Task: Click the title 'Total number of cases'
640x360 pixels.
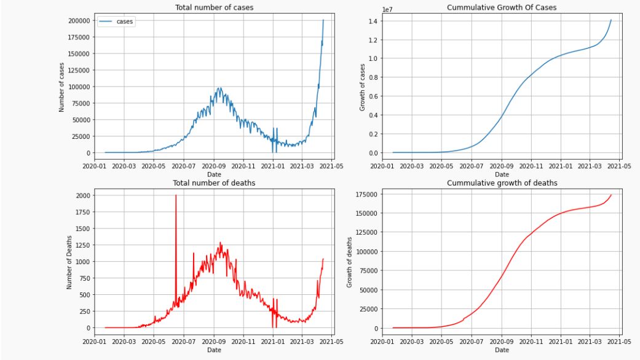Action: [x=214, y=7]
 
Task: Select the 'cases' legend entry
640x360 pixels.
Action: [x=125, y=22]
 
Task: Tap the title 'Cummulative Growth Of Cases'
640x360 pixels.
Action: [x=502, y=7]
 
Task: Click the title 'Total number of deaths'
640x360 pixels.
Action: [x=214, y=182]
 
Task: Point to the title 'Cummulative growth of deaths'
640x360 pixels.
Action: [x=502, y=182]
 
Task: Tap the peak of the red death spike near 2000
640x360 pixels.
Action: [x=176, y=196]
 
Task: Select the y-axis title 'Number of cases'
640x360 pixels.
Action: [x=61, y=86]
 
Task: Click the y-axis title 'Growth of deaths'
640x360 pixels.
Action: [x=350, y=261]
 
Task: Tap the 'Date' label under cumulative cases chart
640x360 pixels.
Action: [x=502, y=174]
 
